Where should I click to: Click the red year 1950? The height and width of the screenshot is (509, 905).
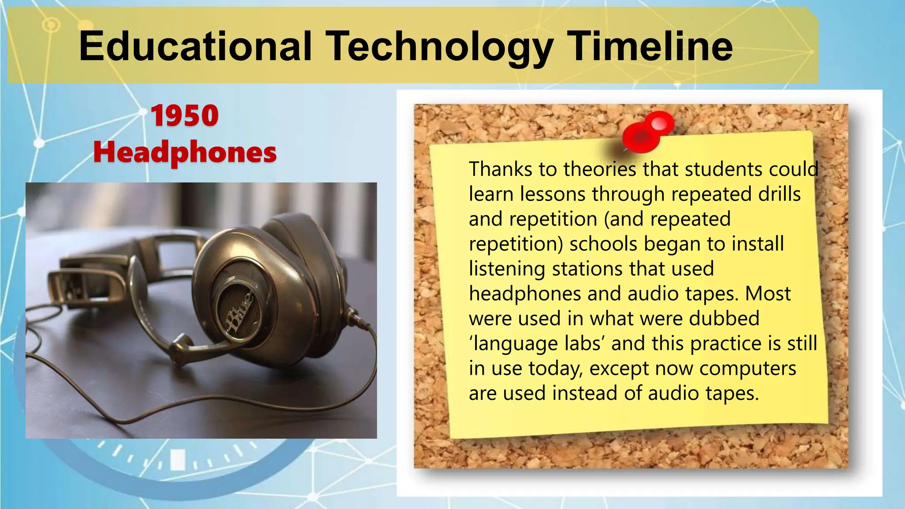pos(185,116)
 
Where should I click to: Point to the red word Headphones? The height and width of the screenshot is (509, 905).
pos(185,152)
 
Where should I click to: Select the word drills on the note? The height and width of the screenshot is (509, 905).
pos(780,194)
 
